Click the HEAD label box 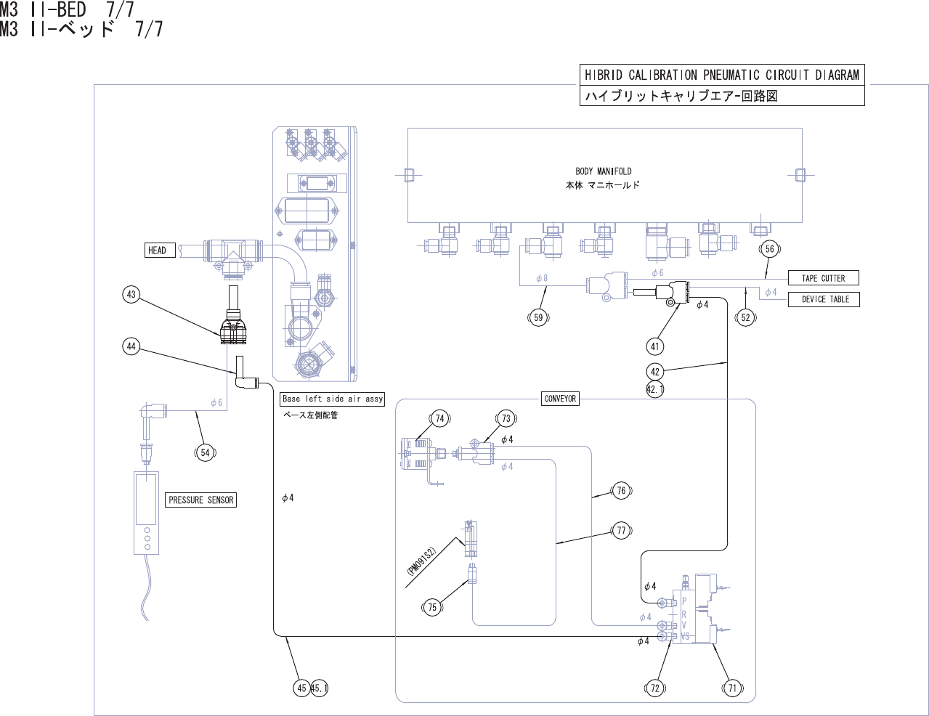(157, 251)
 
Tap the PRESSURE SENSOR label (201, 500)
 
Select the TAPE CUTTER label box (823, 278)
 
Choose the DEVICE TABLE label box (824, 299)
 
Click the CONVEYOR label (560, 399)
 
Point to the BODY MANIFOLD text (603, 172)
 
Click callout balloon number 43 (131, 295)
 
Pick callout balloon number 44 (131, 346)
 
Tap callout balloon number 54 (205, 453)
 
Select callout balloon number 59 (538, 317)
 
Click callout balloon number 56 (770, 249)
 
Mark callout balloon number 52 (745, 317)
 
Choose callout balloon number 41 (654, 346)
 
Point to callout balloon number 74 (439, 418)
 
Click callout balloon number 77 (621, 531)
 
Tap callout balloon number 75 (432, 607)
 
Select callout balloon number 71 (732, 688)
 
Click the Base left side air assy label (332, 399)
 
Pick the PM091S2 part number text (421, 561)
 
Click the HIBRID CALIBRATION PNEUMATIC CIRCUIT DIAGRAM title (722, 75)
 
